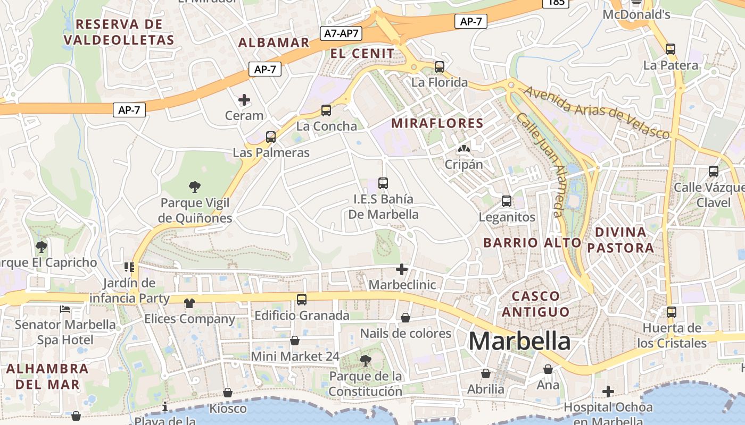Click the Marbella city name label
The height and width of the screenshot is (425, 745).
(519, 341)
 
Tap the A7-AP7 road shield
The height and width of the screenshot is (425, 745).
(342, 33)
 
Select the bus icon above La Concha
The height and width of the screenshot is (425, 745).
(326, 110)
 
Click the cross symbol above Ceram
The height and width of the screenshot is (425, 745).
(244, 100)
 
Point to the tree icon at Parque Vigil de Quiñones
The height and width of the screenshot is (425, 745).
(195, 186)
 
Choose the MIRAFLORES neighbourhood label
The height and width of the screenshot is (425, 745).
(437, 124)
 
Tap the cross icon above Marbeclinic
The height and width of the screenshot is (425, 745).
(402, 269)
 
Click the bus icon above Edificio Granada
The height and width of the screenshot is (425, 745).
(302, 300)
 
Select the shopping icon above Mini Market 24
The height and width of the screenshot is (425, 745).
(295, 341)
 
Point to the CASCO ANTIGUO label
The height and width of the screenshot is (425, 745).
(535, 304)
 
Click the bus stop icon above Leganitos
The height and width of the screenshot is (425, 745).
(507, 201)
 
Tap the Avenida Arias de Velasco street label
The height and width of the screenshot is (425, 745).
(596, 113)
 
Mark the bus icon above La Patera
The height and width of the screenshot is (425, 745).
(670, 49)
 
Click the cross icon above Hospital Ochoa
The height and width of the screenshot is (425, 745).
(608, 392)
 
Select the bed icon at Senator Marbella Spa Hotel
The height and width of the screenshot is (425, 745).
(65, 309)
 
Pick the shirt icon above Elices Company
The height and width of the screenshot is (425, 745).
(189, 303)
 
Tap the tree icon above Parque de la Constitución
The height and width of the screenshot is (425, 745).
(365, 361)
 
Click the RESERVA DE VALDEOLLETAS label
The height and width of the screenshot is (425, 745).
(119, 32)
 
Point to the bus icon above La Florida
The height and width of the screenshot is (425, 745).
(440, 67)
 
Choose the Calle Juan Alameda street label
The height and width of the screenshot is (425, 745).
(540, 165)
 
